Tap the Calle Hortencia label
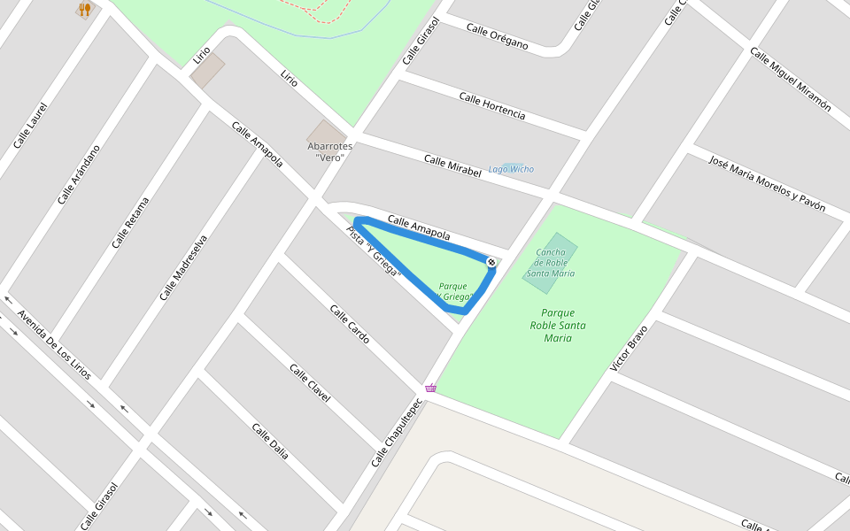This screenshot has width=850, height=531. pos(491,105)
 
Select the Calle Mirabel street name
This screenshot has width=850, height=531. pos(452,166)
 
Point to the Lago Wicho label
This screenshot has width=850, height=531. pos(512,169)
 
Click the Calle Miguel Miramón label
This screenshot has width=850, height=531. pos(790,79)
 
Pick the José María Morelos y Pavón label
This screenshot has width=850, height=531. pos(767,183)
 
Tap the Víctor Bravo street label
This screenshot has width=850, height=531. pos(630,347)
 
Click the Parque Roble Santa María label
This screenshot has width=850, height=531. pos(558,325)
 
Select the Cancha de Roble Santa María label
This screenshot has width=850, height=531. pos(551,263)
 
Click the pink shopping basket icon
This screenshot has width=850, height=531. pos(430,388)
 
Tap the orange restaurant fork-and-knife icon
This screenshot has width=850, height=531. pos(85,10)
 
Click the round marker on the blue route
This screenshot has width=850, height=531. pos(491,262)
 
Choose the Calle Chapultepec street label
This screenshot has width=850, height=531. pos(393,433)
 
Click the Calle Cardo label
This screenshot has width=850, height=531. pos(350,324)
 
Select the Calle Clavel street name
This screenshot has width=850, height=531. pos(310,382)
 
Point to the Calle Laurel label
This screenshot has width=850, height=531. pos(30,125)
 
